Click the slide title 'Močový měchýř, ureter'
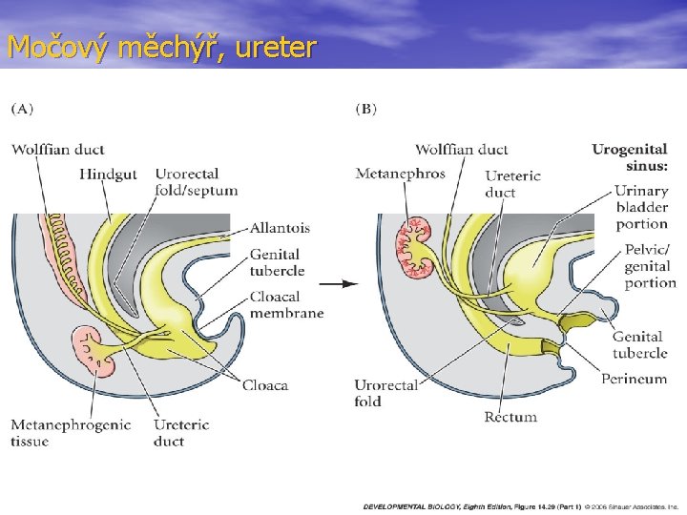tap(160, 46)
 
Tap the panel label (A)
tap(22, 109)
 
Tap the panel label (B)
tap(365, 109)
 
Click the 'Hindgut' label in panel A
tap(108, 175)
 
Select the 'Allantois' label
tap(280, 228)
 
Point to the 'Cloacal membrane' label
tap(286, 304)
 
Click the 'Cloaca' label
tap(264, 385)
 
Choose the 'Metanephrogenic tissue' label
tap(71, 432)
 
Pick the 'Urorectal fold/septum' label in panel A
tap(196, 182)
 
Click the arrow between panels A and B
tap(338, 283)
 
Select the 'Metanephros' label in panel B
tap(400, 174)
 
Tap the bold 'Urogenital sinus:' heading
tap(630, 156)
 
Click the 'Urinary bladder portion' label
tap(641, 207)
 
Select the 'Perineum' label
tap(634, 379)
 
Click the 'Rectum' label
tap(510, 417)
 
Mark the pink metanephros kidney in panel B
tap(420, 246)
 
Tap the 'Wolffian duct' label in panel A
tap(58, 149)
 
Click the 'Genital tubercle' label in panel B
tap(639, 344)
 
